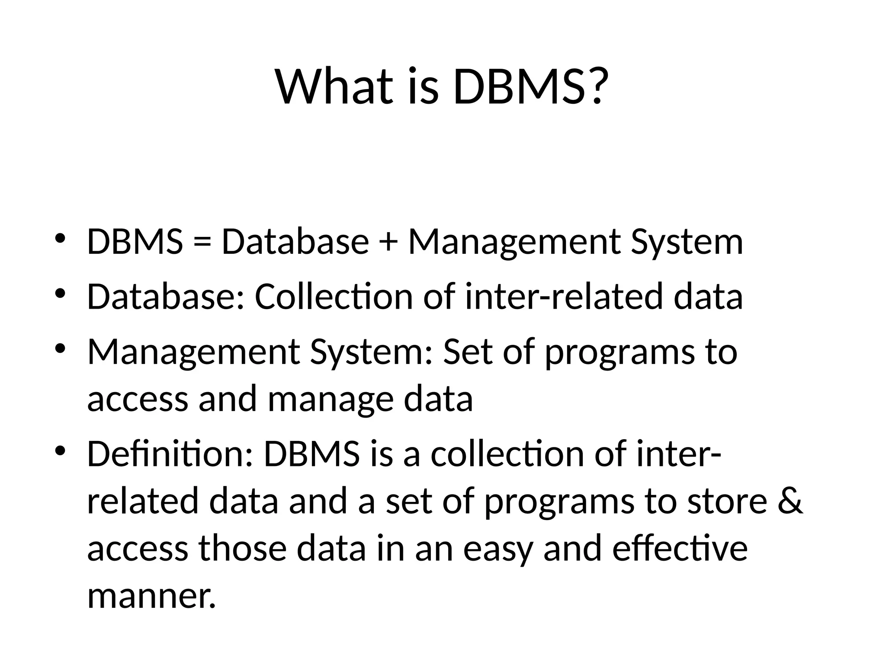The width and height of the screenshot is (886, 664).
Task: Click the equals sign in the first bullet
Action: coord(202,242)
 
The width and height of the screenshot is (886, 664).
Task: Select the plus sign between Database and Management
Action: coord(388,242)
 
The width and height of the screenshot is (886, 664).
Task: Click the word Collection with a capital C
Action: coord(334,297)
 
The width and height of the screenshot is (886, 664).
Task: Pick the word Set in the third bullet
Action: coord(468,352)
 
